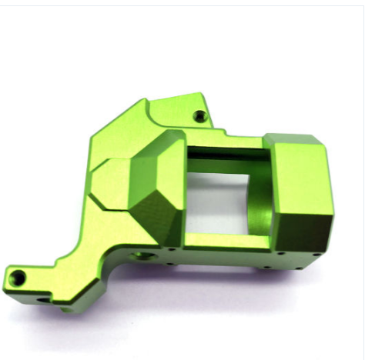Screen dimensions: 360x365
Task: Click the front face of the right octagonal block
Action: (x=303, y=184)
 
